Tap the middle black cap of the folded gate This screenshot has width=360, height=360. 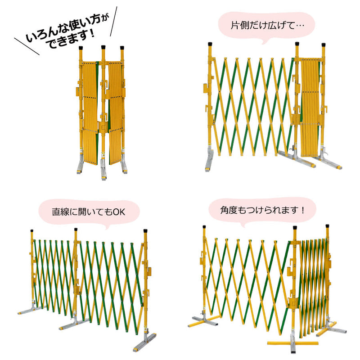pyautogui.click(x=103, y=46)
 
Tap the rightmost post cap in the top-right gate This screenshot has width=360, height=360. pyautogui.click(x=323, y=45)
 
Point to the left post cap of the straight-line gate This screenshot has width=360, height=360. pyautogui.click(x=32, y=233)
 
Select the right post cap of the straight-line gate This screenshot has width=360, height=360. pyautogui.click(x=146, y=232)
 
